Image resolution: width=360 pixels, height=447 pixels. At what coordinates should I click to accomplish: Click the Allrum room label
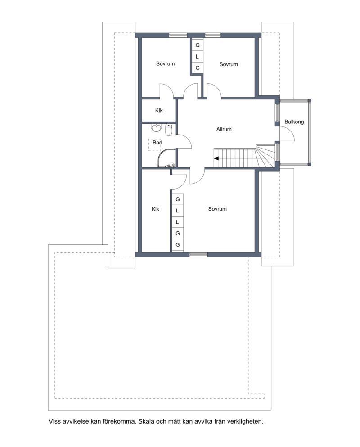[224, 129]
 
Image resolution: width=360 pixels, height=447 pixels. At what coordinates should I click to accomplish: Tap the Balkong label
[294, 122]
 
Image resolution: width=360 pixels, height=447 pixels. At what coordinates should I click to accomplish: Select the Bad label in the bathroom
[157, 143]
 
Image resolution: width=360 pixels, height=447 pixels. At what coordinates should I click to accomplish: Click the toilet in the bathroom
[169, 130]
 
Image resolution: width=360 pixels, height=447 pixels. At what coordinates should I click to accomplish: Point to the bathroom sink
[156, 128]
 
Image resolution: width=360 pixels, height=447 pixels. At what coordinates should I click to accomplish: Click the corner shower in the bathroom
[167, 158]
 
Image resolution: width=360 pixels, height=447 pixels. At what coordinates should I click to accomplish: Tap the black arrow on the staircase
[216, 158]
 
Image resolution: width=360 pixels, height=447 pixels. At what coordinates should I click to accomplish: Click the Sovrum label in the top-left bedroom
[165, 63]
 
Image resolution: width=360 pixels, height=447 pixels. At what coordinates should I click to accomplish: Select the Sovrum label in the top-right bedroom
[229, 64]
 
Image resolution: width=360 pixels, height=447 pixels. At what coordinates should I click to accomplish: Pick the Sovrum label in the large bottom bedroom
[217, 209]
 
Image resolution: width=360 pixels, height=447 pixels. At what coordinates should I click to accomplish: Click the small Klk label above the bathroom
[159, 110]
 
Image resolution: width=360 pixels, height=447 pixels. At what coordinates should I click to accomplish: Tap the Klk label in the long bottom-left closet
[155, 209]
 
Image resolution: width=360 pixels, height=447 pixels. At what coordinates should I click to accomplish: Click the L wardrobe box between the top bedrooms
[197, 57]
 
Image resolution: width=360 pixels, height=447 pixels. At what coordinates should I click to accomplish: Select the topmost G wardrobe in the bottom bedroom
[178, 199]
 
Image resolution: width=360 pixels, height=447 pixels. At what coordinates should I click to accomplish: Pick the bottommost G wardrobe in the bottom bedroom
[178, 245]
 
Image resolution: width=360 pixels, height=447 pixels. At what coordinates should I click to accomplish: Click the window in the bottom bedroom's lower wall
[198, 255]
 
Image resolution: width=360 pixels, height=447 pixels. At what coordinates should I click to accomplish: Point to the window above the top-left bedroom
[178, 35]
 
